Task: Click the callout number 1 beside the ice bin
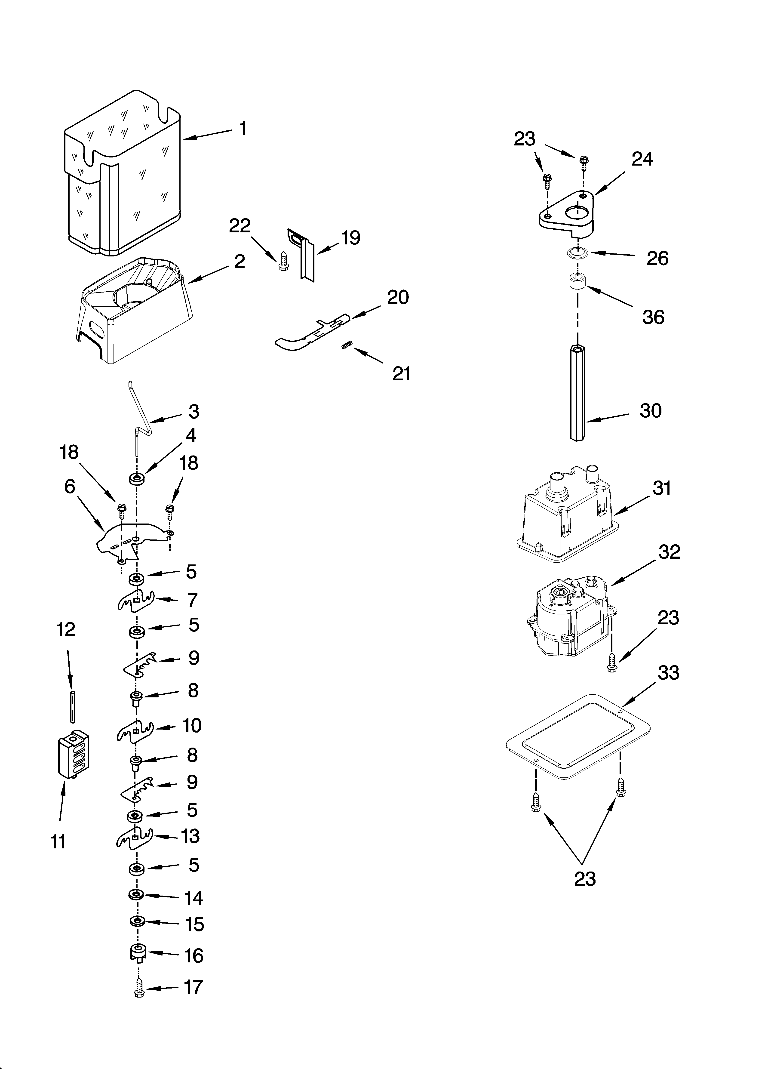click(243, 128)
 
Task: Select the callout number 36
click(653, 317)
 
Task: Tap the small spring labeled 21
click(347, 346)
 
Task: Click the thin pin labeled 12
click(72, 707)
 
